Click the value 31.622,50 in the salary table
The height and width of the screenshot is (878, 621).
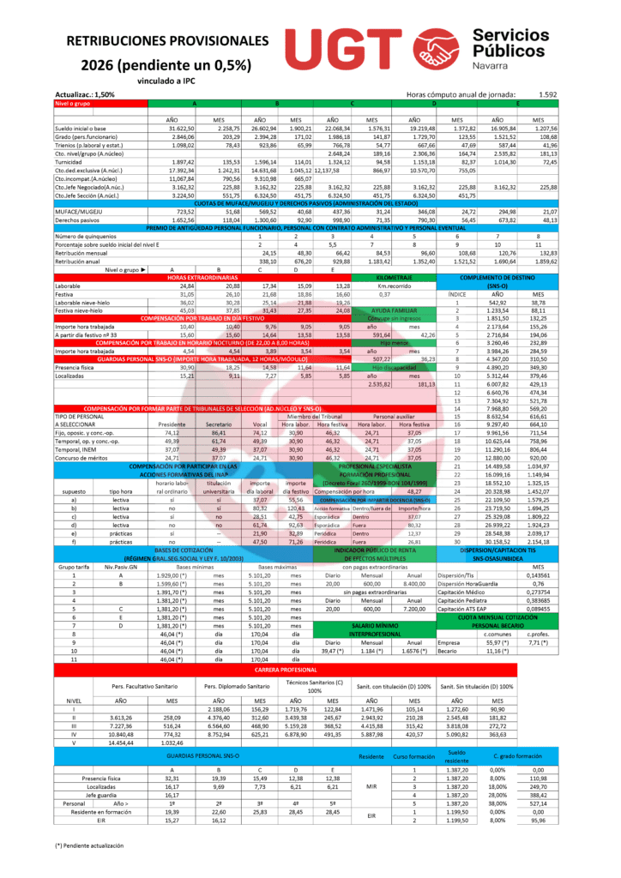(171, 127)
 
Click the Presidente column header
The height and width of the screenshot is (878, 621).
(172, 424)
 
